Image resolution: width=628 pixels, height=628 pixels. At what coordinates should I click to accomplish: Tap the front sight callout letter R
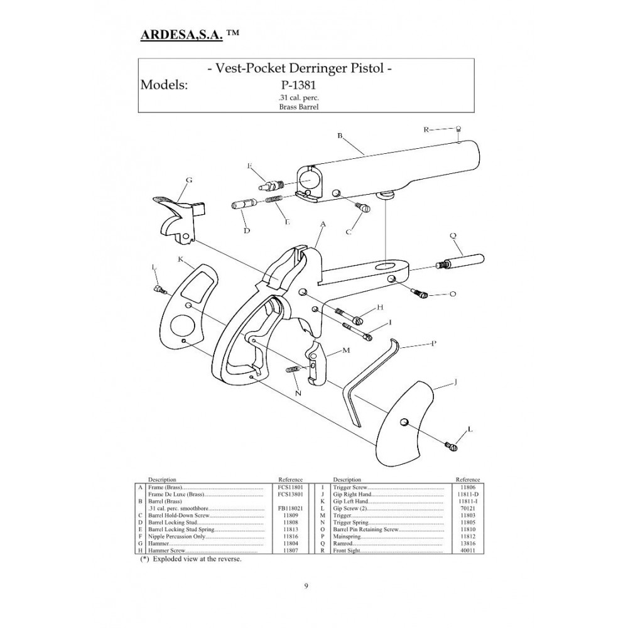click(426, 129)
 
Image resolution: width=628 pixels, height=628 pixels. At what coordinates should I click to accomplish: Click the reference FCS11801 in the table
click(290, 487)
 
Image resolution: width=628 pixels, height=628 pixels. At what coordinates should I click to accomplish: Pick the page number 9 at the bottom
click(306, 587)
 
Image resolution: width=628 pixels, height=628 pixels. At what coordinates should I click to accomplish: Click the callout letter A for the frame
click(323, 224)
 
